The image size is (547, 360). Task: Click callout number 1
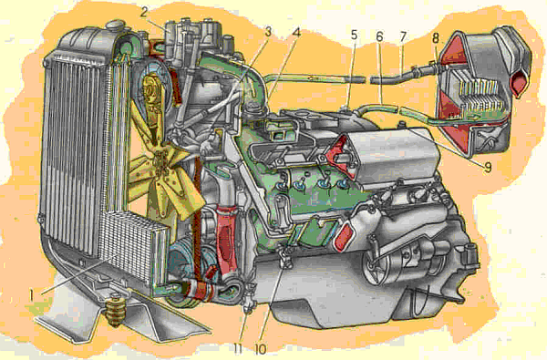pos(31,296)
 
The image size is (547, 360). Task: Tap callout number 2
pos(145,13)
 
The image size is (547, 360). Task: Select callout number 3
pos(267,32)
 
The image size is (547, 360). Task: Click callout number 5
pos(354,35)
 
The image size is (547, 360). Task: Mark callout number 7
pos(403,36)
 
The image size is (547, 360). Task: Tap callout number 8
pos(436,38)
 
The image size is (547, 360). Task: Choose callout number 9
pos(488,168)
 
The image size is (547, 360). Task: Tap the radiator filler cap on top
pos(114,26)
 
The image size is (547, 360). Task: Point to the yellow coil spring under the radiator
pos(115,311)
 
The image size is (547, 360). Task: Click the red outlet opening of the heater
pos(519,82)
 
